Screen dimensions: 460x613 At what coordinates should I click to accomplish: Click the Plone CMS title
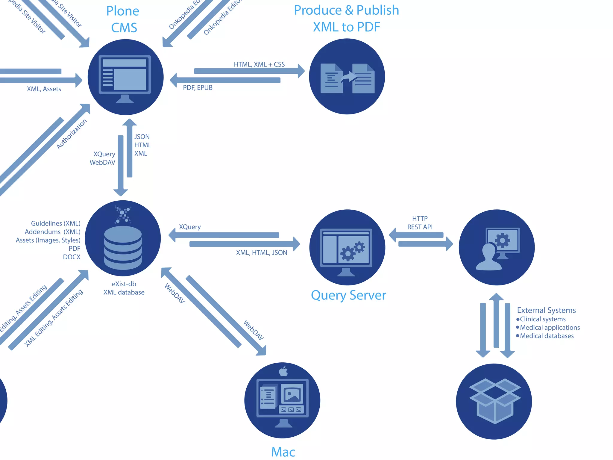click(123, 19)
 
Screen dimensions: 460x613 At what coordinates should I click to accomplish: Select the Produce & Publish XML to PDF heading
click(346, 19)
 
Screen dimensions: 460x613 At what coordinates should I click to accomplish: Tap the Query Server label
click(348, 295)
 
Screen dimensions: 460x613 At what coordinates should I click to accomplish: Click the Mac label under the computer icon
click(283, 452)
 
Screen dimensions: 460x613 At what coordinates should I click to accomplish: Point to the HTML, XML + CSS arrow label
click(259, 64)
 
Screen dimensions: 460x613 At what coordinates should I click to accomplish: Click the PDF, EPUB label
click(198, 88)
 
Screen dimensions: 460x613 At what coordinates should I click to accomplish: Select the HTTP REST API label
click(420, 223)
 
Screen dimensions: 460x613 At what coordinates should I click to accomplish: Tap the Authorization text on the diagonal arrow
click(72, 134)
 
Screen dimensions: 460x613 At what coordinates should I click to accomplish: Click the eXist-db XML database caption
click(124, 288)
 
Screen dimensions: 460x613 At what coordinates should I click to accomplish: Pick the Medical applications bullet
click(550, 328)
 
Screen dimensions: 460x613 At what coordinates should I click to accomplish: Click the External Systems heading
click(546, 310)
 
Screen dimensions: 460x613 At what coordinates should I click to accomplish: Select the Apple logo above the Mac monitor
click(283, 371)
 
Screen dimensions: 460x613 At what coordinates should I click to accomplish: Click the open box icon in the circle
click(494, 401)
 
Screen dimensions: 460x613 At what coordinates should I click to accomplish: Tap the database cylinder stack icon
click(123, 248)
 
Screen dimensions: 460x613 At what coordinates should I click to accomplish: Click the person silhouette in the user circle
click(489, 258)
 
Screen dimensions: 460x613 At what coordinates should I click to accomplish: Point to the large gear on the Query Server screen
click(348, 253)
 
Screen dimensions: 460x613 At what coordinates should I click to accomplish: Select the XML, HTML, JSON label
click(261, 253)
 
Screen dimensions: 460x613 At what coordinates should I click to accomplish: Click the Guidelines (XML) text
click(56, 223)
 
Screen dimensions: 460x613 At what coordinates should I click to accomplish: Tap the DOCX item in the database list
click(72, 257)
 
